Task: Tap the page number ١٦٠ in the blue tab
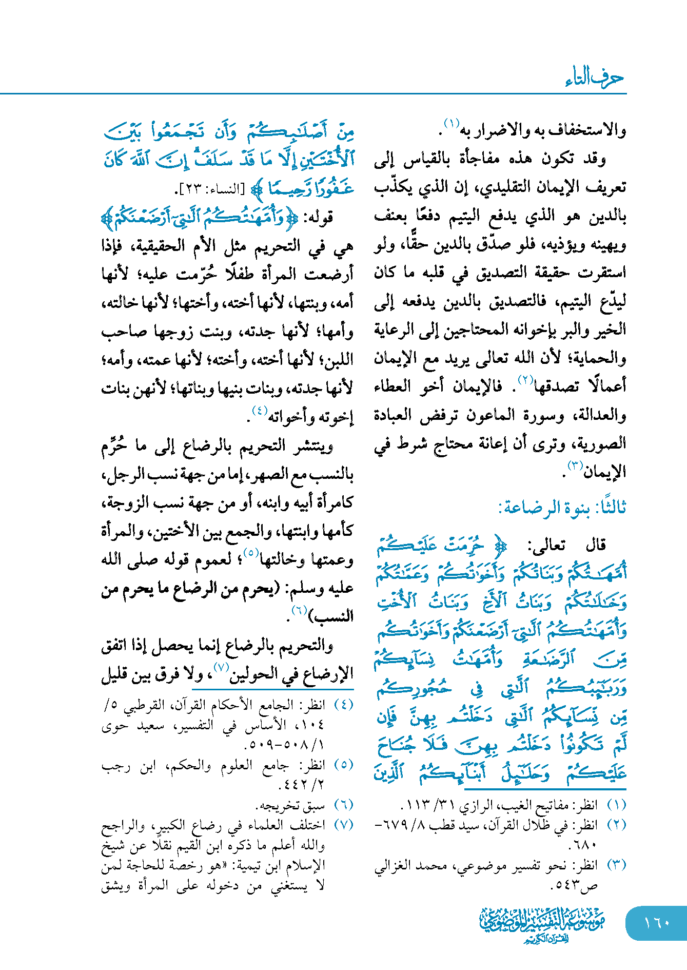[656, 923]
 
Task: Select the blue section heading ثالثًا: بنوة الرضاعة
[562, 508]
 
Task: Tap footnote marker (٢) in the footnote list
[616, 825]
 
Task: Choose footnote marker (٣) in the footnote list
[616, 865]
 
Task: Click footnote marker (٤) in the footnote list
[343, 705]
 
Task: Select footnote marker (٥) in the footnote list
[343, 765]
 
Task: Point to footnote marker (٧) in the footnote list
[343, 825]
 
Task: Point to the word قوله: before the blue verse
[319, 218]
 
